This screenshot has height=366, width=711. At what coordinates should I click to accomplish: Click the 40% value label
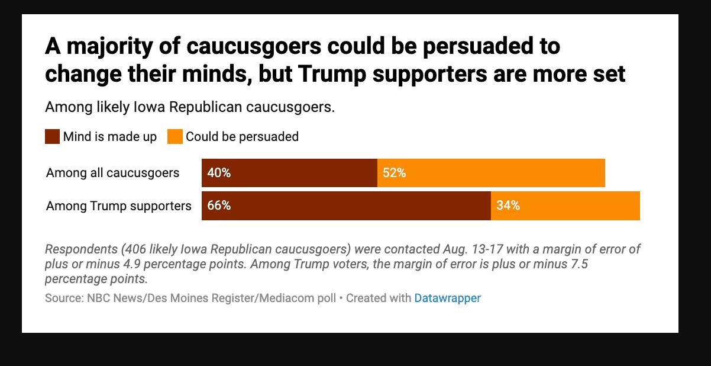click(x=218, y=173)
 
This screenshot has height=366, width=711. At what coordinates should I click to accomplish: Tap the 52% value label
click(x=394, y=173)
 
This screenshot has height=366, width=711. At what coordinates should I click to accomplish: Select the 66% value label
click(x=218, y=206)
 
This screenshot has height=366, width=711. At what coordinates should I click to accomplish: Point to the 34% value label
click(x=508, y=206)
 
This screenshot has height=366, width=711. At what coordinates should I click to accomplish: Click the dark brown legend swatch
click(x=52, y=137)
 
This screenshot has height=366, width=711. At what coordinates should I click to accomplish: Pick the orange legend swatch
click(x=175, y=137)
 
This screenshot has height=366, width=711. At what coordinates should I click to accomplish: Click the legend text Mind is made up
click(x=110, y=137)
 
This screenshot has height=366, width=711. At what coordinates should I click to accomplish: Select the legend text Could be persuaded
click(x=242, y=137)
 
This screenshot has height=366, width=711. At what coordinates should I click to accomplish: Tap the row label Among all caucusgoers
click(x=112, y=173)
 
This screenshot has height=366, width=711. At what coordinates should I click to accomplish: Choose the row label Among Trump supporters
click(x=119, y=206)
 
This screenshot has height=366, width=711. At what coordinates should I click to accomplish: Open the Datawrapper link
click(x=447, y=298)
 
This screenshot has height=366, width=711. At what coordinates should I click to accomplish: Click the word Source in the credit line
click(x=62, y=298)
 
